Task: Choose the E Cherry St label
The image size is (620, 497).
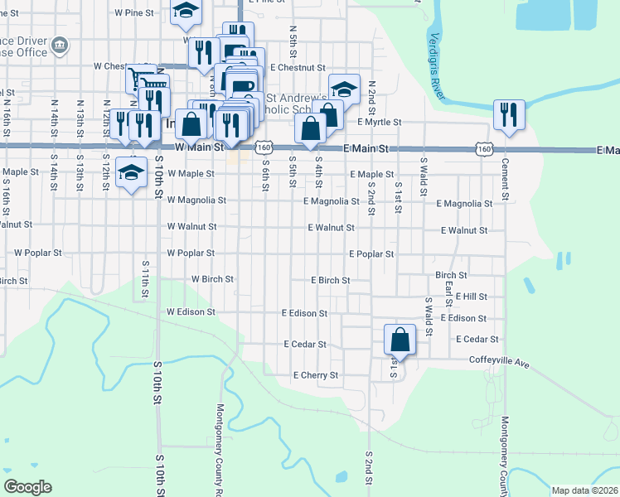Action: pyautogui.click(x=316, y=375)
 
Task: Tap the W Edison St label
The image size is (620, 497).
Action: pyautogui.click(x=191, y=312)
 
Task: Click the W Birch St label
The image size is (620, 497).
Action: pyautogui.click(x=212, y=280)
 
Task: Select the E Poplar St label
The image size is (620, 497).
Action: pyautogui.click(x=371, y=253)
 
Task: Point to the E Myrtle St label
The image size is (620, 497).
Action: pyautogui.click(x=379, y=122)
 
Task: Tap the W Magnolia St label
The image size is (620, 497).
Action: pyautogui.click(x=196, y=200)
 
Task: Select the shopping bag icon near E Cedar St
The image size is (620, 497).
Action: pyautogui.click(x=400, y=340)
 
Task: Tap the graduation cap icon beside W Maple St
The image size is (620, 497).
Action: pyautogui.click(x=130, y=173)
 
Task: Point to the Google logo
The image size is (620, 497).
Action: pyautogui.click(x=28, y=486)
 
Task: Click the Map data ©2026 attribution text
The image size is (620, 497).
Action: pyautogui.click(x=584, y=490)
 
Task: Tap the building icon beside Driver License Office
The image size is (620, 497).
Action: pyautogui.click(x=59, y=45)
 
